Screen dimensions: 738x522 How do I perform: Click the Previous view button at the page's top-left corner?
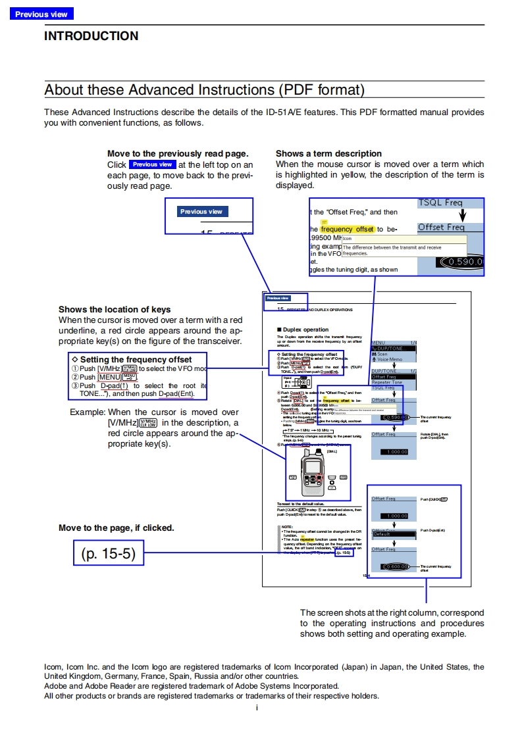click(41, 14)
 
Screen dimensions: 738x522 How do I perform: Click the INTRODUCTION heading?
click(91, 36)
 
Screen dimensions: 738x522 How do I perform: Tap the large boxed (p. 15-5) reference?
click(108, 553)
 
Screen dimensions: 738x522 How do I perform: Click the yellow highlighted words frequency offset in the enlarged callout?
click(348, 229)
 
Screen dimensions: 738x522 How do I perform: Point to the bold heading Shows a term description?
click(328, 153)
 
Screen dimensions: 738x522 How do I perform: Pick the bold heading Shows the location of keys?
click(115, 309)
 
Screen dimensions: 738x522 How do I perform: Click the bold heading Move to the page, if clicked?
click(117, 528)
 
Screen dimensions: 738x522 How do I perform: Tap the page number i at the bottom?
click(257, 708)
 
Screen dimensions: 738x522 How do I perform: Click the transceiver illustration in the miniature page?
click(317, 472)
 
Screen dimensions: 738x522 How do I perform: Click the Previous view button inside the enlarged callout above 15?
click(201, 212)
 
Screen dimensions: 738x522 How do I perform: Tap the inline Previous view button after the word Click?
click(152, 164)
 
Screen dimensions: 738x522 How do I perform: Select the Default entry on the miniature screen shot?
click(382, 534)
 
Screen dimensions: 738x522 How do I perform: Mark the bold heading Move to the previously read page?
click(178, 153)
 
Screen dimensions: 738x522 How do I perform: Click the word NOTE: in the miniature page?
click(287, 527)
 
